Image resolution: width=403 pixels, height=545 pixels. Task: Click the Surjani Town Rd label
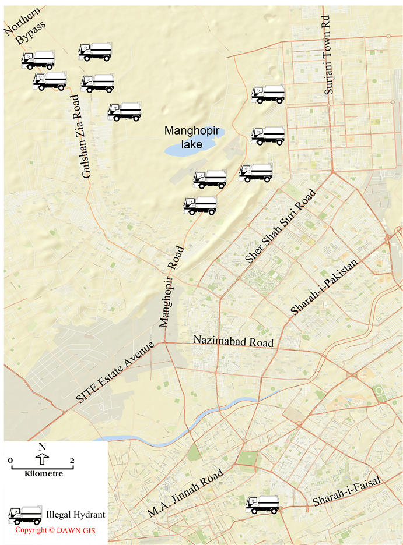coord(329,56)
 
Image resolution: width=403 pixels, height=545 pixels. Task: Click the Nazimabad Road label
coord(233,341)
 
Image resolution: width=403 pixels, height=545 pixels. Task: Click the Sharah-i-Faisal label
coord(346,491)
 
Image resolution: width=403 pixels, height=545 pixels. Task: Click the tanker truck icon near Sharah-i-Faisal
coord(262,504)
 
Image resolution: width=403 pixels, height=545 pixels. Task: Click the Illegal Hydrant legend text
coord(75,515)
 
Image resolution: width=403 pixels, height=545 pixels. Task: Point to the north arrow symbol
coord(41,460)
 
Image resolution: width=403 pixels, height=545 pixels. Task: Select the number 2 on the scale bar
coord(72,461)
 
